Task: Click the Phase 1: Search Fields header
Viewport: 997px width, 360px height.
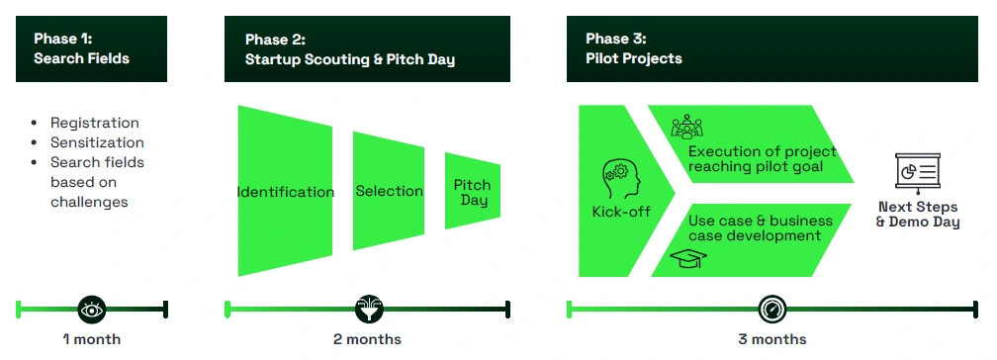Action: point(91,49)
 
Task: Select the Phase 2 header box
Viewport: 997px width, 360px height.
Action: point(367,49)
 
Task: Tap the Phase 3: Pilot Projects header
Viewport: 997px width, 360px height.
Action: point(771,49)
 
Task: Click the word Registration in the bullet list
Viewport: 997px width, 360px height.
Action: point(95,123)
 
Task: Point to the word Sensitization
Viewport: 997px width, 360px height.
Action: point(97,142)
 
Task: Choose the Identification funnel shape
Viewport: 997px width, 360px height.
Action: point(285,191)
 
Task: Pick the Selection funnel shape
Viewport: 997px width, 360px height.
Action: point(389,191)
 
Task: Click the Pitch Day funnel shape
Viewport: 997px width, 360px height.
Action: point(473,191)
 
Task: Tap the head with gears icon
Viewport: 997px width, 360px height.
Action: point(621,179)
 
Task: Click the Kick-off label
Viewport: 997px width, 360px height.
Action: point(621,212)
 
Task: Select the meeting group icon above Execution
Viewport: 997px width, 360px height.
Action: point(686,127)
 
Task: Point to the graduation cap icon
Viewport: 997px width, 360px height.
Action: point(688,258)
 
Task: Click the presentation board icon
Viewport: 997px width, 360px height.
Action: point(918,172)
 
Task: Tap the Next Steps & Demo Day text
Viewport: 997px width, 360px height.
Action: point(918,215)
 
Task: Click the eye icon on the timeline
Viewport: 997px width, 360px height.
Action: point(92,310)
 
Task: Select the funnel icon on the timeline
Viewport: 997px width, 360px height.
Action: point(369,310)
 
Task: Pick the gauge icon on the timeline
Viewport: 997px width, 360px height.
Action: point(772,310)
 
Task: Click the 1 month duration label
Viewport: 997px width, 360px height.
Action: point(92,339)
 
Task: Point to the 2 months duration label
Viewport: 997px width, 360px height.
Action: point(368,339)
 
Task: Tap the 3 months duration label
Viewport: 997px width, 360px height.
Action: point(771,339)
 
